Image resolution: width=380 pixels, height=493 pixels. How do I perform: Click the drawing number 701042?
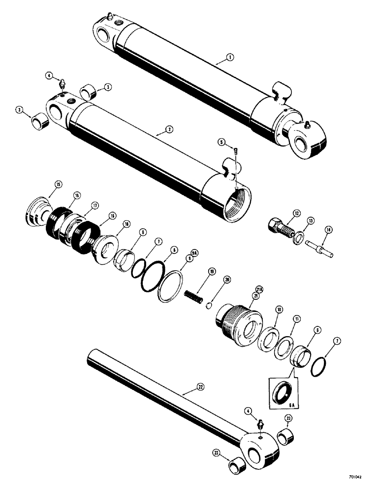click(365, 477)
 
